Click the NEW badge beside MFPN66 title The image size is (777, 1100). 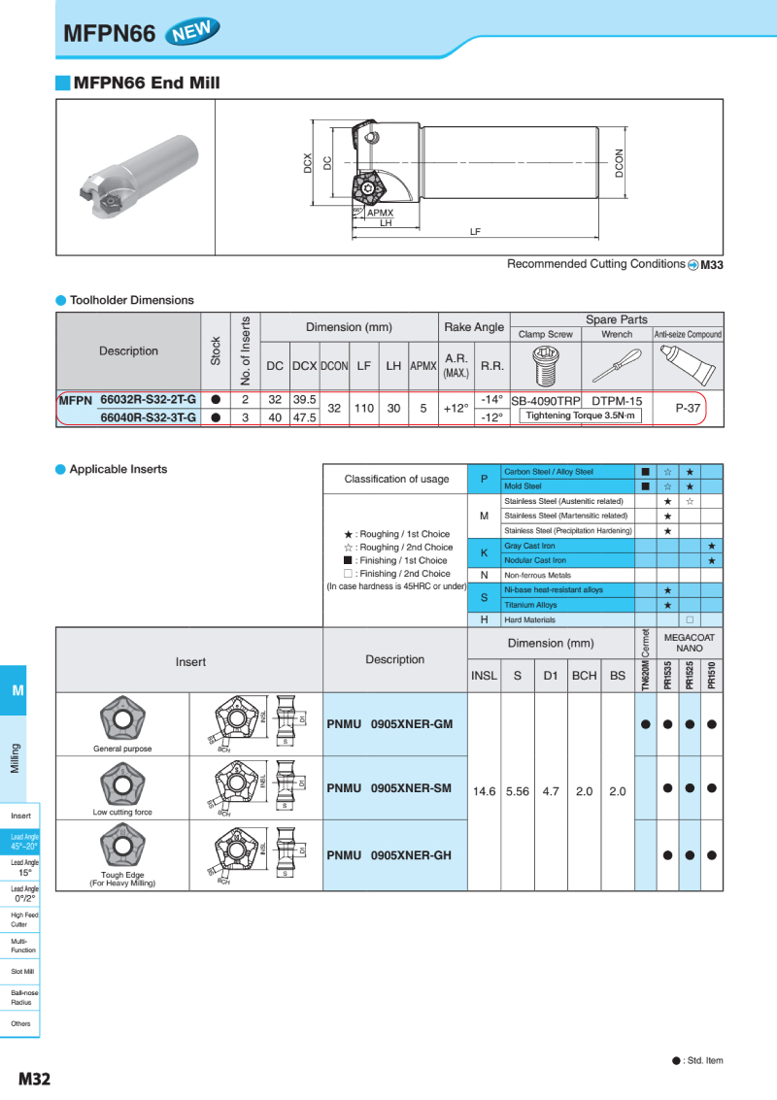(192, 32)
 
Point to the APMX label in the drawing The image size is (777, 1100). (380, 213)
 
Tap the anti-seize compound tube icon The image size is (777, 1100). (688, 365)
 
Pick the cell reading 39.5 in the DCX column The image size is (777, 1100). (305, 399)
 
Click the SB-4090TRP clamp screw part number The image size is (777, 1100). (545, 400)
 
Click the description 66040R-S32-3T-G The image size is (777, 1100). (149, 417)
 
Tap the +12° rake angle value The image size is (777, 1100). (456, 409)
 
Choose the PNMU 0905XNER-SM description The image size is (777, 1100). (389, 788)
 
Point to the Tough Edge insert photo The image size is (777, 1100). (122, 846)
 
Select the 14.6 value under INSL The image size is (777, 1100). (484, 791)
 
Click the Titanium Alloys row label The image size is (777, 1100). (530, 605)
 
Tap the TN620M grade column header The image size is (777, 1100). (645, 660)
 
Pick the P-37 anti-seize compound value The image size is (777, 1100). (688, 409)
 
